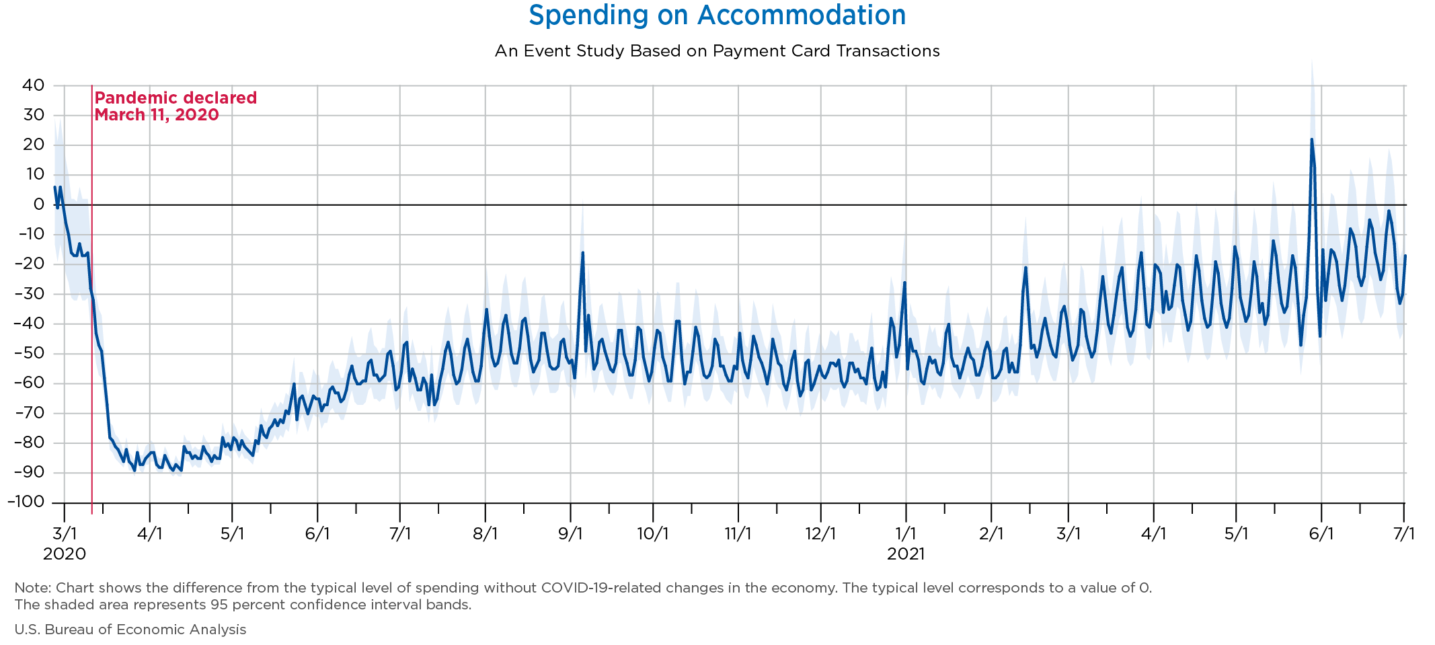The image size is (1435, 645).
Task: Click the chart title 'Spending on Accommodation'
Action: point(717,15)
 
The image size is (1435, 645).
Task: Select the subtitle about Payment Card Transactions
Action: point(717,51)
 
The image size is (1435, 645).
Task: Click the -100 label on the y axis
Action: point(26,502)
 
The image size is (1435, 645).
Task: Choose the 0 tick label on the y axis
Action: point(38,204)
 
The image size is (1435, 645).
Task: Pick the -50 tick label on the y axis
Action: point(29,353)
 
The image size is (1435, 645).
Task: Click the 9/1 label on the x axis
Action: point(570,534)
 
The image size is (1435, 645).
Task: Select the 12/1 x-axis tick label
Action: point(820,534)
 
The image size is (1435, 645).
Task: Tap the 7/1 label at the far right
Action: point(1403,534)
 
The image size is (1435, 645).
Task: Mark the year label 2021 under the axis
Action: point(906,554)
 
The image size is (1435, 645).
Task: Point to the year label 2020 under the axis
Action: point(65,554)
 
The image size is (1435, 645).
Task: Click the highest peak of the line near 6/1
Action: point(1311,140)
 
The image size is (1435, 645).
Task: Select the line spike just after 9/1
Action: point(582,253)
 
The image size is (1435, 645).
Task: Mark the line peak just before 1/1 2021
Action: point(904,282)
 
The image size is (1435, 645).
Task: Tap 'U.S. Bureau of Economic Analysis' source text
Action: point(130,630)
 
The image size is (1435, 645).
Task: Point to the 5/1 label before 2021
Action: point(232,534)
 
